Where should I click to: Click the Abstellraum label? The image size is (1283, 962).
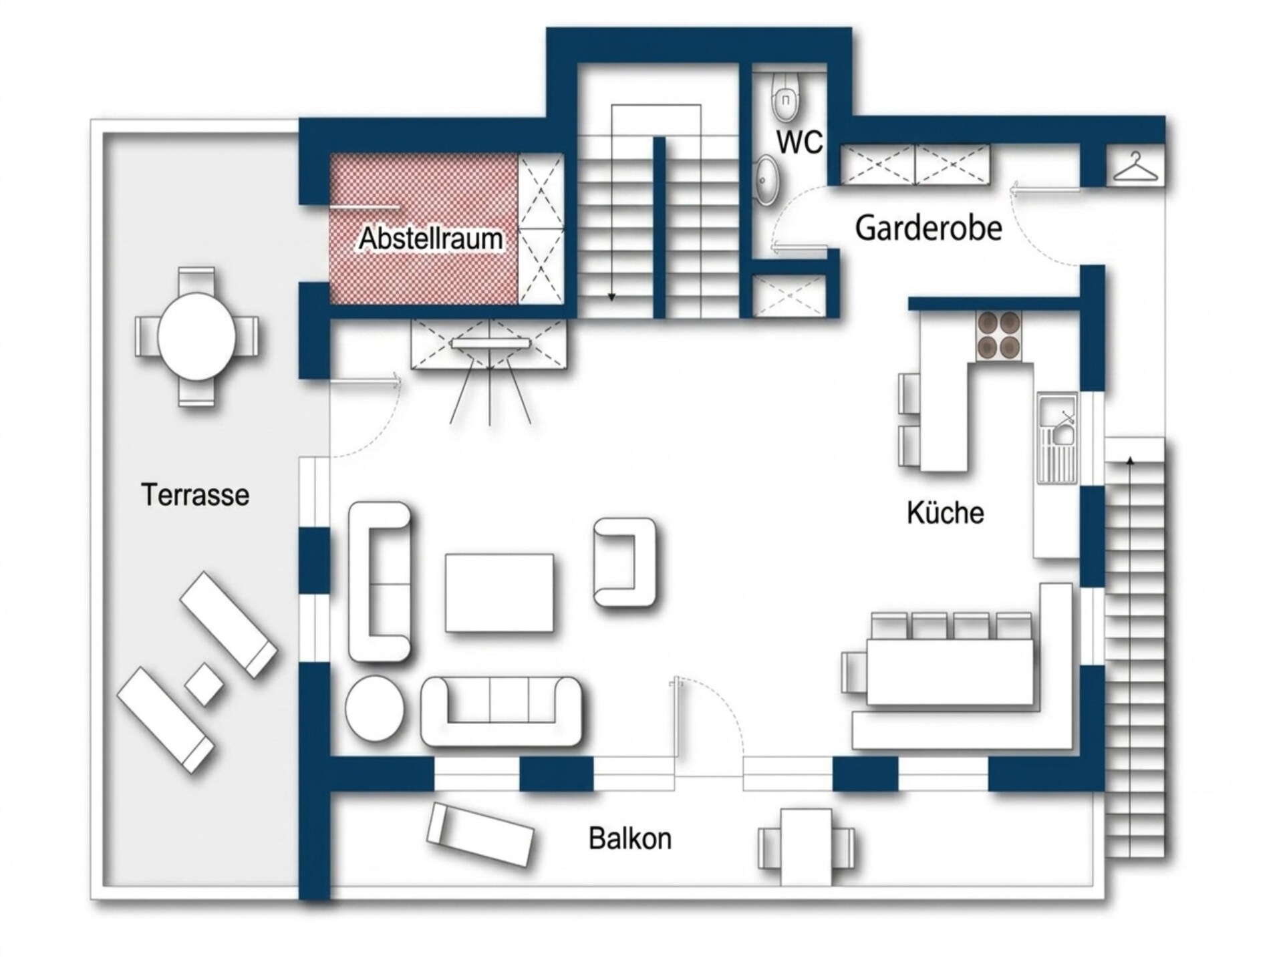pyautogui.click(x=431, y=238)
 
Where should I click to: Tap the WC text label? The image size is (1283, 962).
pyautogui.click(x=799, y=142)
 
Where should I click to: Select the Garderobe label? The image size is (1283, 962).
pyautogui.click(x=929, y=228)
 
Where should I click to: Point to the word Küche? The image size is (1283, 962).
pyautogui.click(x=946, y=513)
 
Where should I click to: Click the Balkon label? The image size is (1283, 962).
pyautogui.click(x=630, y=838)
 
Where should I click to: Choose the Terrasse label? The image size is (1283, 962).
pyautogui.click(x=195, y=495)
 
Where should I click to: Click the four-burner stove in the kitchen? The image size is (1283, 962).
pyautogui.click(x=998, y=336)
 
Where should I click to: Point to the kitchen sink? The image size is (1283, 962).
pyautogui.click(x=1056, y=438)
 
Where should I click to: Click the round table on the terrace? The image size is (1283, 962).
pyautogui.click(x=196, y=336)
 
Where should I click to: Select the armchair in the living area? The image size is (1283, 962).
pyautogui.click(x=625, y=563)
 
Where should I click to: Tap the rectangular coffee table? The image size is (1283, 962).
pyautogui.click(x=499, y=593)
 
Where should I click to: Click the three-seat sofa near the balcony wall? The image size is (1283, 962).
pyautogui.click(x=501, y=711)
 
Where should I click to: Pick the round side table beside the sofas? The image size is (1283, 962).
pyautogui.click(x=374, y=709)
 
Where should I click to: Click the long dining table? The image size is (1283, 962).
pyautogui.click(x=950, y=671)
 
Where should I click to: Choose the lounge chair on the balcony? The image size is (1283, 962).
pyautogui.click(x=480, y=834)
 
